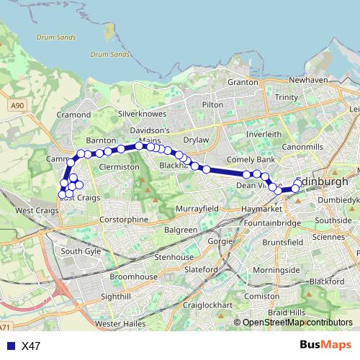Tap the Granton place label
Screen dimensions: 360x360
pos(243,83)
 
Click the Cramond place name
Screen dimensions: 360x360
pos(73,114)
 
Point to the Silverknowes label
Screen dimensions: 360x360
pos(142,114)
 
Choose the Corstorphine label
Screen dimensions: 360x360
pos(124,219)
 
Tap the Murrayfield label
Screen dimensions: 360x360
pos(196,208)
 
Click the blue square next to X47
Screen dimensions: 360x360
pos(9,346)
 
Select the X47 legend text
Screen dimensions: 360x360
pos(31,346)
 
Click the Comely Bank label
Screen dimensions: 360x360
pos(251,158)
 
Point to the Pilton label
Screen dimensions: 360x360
pos(213,104)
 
